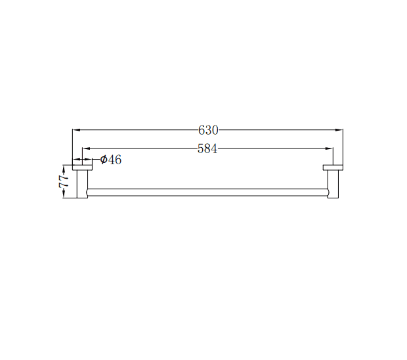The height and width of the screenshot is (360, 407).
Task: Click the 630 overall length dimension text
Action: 208,130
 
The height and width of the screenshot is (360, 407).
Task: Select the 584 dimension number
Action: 207,148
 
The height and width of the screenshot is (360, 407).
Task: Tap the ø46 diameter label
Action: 110,160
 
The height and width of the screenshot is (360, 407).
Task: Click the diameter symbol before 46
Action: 103,160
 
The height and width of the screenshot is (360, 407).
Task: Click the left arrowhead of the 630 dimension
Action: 75,130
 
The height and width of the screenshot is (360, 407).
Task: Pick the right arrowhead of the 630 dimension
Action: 340,130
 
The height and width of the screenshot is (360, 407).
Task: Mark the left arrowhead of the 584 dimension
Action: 85,148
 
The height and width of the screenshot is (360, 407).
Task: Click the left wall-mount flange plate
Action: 82,168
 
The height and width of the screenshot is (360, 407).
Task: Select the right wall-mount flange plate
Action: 333,168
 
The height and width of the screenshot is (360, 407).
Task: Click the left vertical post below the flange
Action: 83,184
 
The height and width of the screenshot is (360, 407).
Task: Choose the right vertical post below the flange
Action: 333,184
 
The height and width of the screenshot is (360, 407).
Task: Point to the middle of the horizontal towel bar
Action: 207,192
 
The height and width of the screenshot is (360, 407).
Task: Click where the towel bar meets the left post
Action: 88,192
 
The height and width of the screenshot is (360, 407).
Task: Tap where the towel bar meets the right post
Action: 327,192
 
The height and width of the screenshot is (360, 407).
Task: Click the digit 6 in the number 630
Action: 202,130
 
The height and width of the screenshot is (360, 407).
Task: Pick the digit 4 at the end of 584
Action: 214,148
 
